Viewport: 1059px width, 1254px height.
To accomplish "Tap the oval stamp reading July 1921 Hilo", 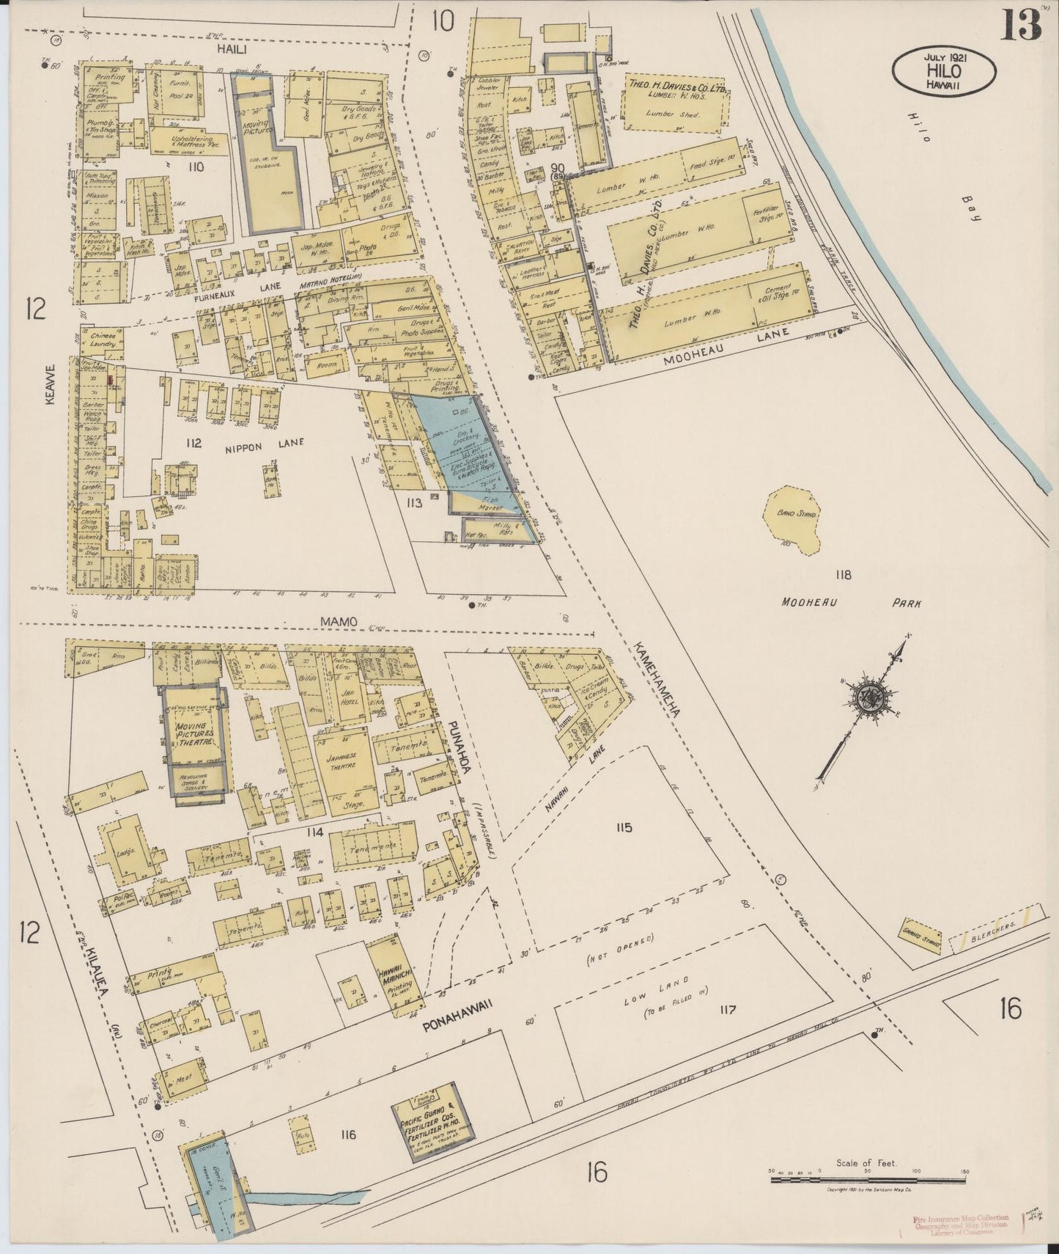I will coord(944,72).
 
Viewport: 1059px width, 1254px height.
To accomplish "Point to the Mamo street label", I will coord(339,622).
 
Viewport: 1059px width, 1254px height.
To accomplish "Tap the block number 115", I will coord(624,828).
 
